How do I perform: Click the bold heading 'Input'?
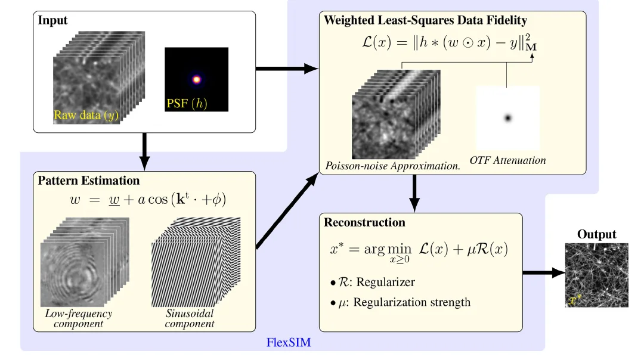(53, 20)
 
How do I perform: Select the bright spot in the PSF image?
(196, 79)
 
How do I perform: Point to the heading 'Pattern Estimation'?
(89, 181)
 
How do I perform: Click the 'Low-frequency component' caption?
(78, 318)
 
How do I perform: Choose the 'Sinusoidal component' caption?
(189, 318)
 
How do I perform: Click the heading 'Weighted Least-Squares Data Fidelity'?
(425, 20)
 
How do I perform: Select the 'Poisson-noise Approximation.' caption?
(393, 165)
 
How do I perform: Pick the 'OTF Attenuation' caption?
(507, 160)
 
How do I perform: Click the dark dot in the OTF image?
(507, 118)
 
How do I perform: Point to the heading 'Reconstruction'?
(364, 222)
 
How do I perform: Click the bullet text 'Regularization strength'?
(411, 302)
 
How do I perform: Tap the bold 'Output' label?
(596, 234)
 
